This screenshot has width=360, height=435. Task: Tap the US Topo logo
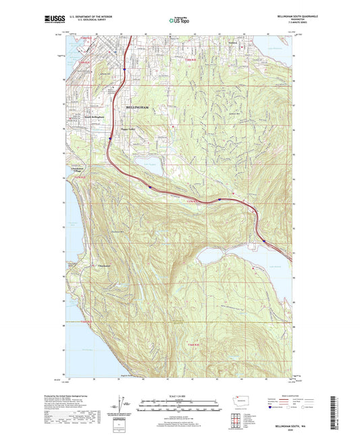[x=179, y=21]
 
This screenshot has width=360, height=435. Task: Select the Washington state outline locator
[x=241, y=400]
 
